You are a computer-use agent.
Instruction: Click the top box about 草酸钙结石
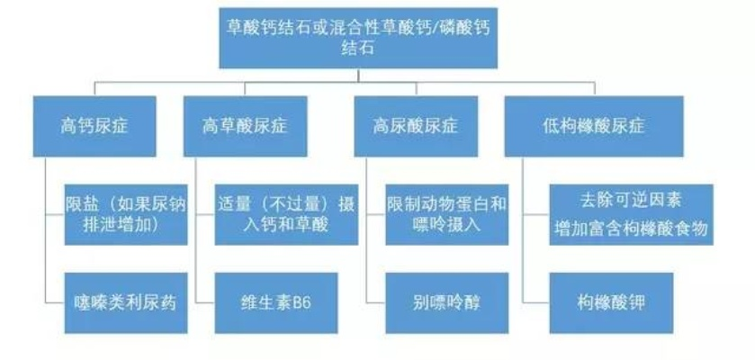click(x=357, y=37)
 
